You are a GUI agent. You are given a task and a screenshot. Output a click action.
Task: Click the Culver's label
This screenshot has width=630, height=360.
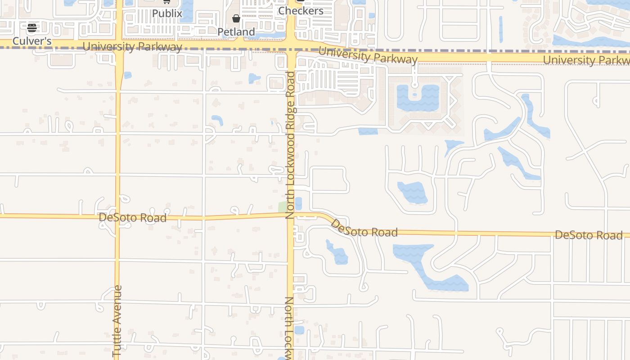click(32, 41)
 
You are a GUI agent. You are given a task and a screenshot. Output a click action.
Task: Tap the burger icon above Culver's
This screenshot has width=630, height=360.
click(32, 28)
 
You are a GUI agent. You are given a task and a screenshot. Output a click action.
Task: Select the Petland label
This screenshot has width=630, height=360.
click(236, 32)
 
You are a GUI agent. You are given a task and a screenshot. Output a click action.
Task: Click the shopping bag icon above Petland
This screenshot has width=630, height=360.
click(236, 18)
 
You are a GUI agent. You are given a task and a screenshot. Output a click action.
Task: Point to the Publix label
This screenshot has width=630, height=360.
click(167, 13)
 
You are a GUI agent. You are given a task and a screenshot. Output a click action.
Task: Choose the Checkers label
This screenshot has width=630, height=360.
click(301, 11)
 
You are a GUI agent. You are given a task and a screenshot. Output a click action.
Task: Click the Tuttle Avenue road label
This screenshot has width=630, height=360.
click(117, 321)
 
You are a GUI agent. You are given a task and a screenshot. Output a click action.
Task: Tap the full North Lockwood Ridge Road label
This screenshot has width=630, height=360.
click(291, 145)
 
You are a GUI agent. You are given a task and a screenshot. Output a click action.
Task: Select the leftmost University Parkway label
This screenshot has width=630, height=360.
click(132, 47)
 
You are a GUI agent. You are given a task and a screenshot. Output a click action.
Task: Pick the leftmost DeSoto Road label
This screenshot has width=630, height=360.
click(132, 218)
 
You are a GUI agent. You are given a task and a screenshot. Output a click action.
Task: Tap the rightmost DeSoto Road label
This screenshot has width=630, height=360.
click(589, 235)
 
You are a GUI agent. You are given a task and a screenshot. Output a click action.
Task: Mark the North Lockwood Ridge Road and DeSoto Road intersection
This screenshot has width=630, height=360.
click(291, 215)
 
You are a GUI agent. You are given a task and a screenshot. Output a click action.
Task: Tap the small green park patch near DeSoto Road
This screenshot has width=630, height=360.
click(283, 207)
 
